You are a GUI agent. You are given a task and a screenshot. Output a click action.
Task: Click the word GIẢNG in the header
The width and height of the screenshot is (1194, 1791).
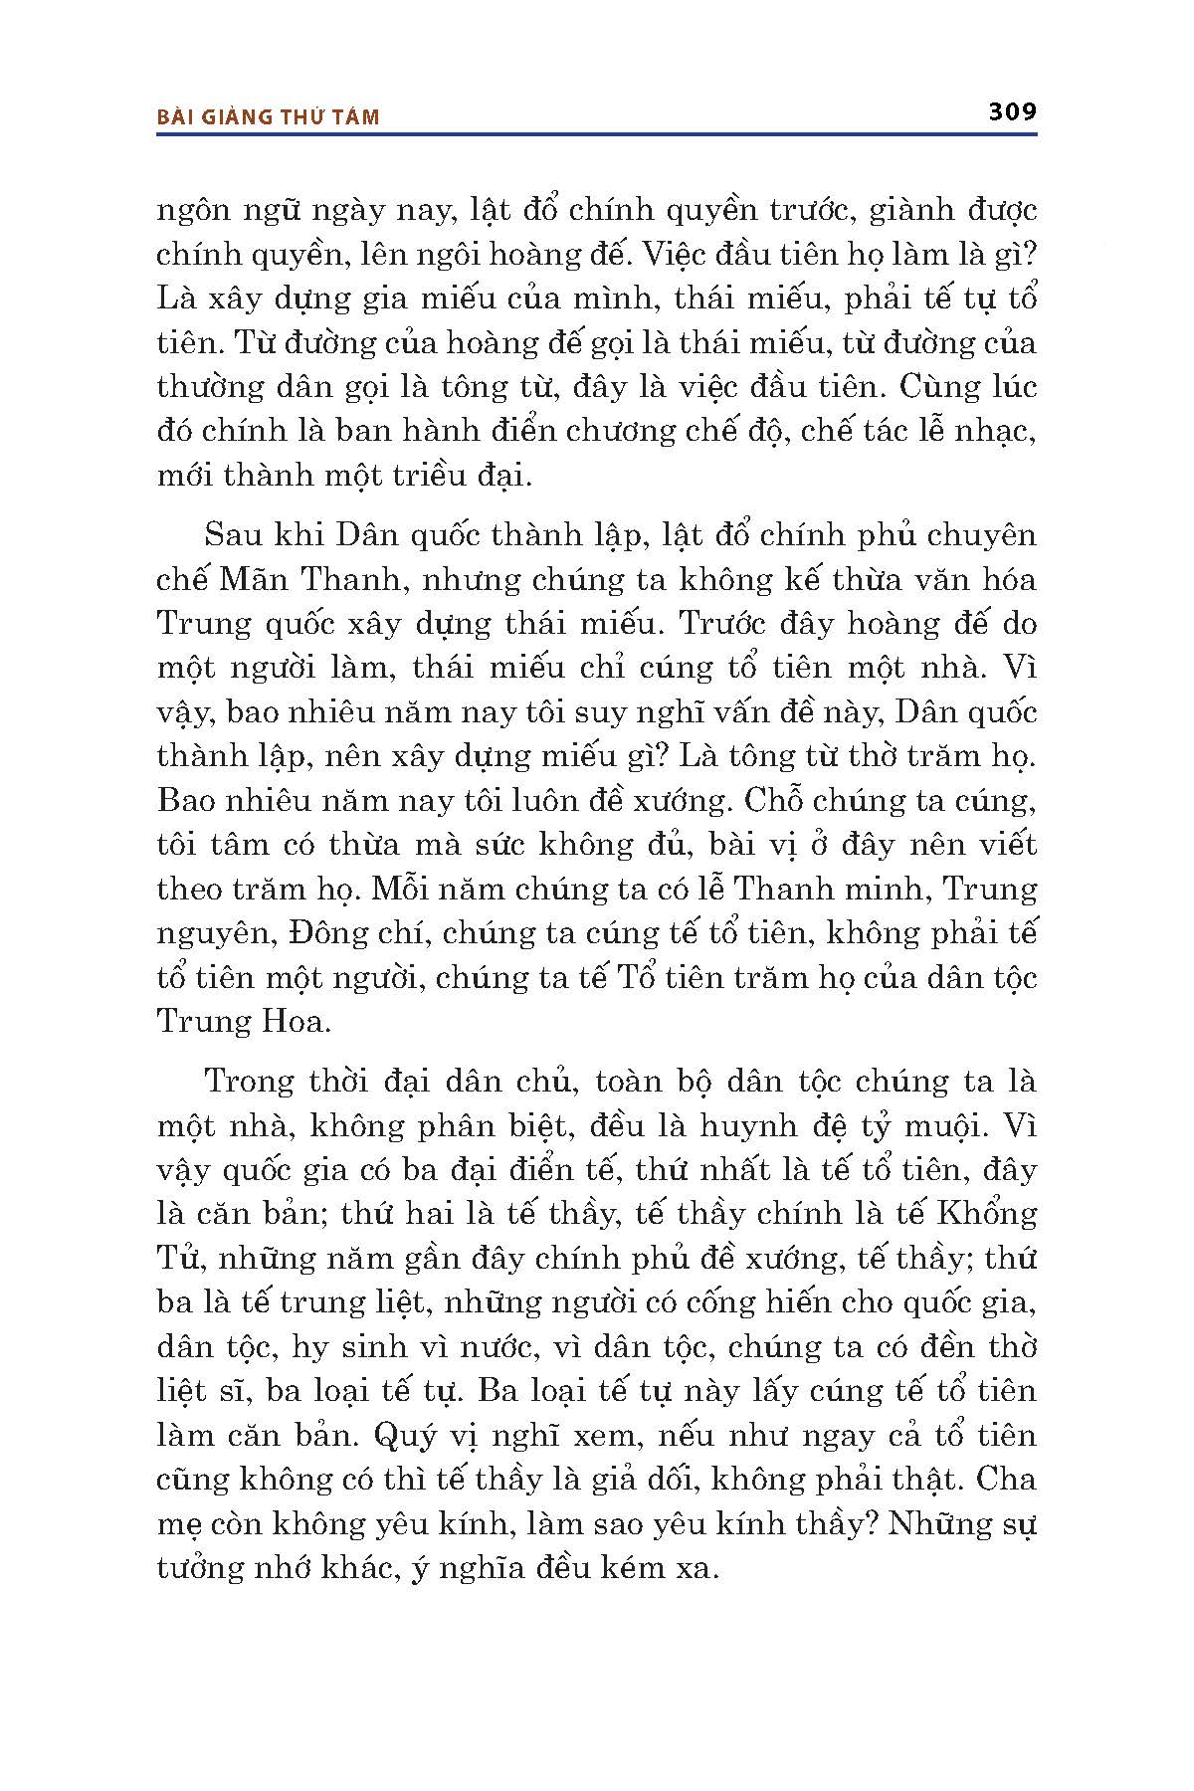tap(238, 117)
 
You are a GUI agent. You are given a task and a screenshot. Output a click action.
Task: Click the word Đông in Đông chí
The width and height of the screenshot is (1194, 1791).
tap(298, 933)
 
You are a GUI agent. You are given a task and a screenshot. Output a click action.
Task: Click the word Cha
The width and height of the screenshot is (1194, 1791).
tap(1006, 1479)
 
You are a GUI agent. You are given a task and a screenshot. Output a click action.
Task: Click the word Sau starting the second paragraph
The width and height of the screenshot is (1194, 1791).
tap(234, 535)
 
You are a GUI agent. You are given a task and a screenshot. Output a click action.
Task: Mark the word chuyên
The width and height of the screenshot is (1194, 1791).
tap(983, 537)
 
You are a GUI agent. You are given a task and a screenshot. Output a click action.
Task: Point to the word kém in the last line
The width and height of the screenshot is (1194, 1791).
tap(634, 1568)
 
